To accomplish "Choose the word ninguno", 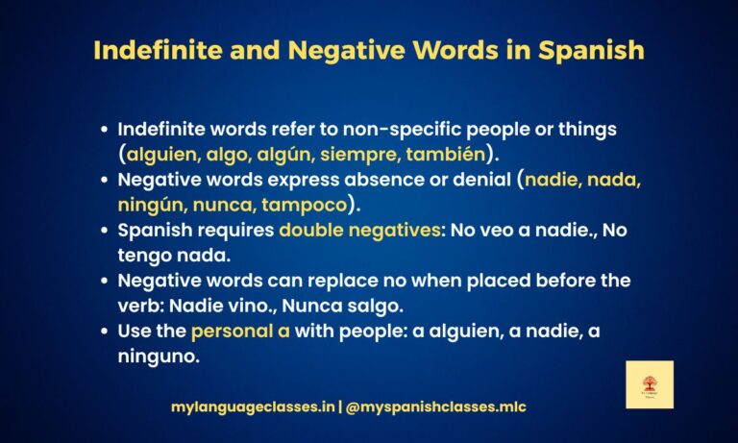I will (x=152, y=357).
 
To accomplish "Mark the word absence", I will (x=384, y=179).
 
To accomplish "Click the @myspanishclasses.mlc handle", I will (x=437, y=407).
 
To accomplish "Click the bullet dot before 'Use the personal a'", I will (x=104, y=332).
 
